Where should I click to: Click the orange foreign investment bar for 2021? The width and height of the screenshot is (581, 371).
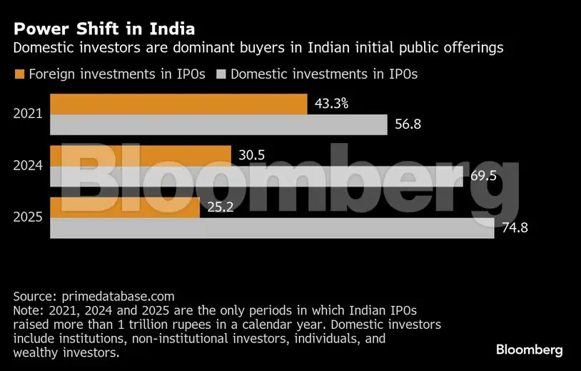point(178,104)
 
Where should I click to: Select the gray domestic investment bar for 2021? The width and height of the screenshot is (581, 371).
point(218,124)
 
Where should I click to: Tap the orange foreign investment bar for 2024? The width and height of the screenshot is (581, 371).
point(140,155)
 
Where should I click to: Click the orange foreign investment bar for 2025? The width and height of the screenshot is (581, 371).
point(124,207)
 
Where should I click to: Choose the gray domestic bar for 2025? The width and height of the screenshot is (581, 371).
point(271,228)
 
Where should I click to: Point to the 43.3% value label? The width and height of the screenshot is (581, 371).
point(331,104)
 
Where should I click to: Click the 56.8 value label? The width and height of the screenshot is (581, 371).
point(408,124)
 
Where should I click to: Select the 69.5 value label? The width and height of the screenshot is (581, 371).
point(483,176)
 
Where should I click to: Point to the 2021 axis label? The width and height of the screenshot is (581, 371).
point(28,114)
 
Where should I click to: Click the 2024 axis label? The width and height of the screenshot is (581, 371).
point(28,166)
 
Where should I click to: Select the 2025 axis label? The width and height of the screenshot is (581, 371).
point(28,217)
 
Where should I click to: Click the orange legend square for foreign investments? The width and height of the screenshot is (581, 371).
point(19,74)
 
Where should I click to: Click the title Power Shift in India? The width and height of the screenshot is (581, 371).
point(104,30)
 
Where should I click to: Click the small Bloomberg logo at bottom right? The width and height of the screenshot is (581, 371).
point(530,350)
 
